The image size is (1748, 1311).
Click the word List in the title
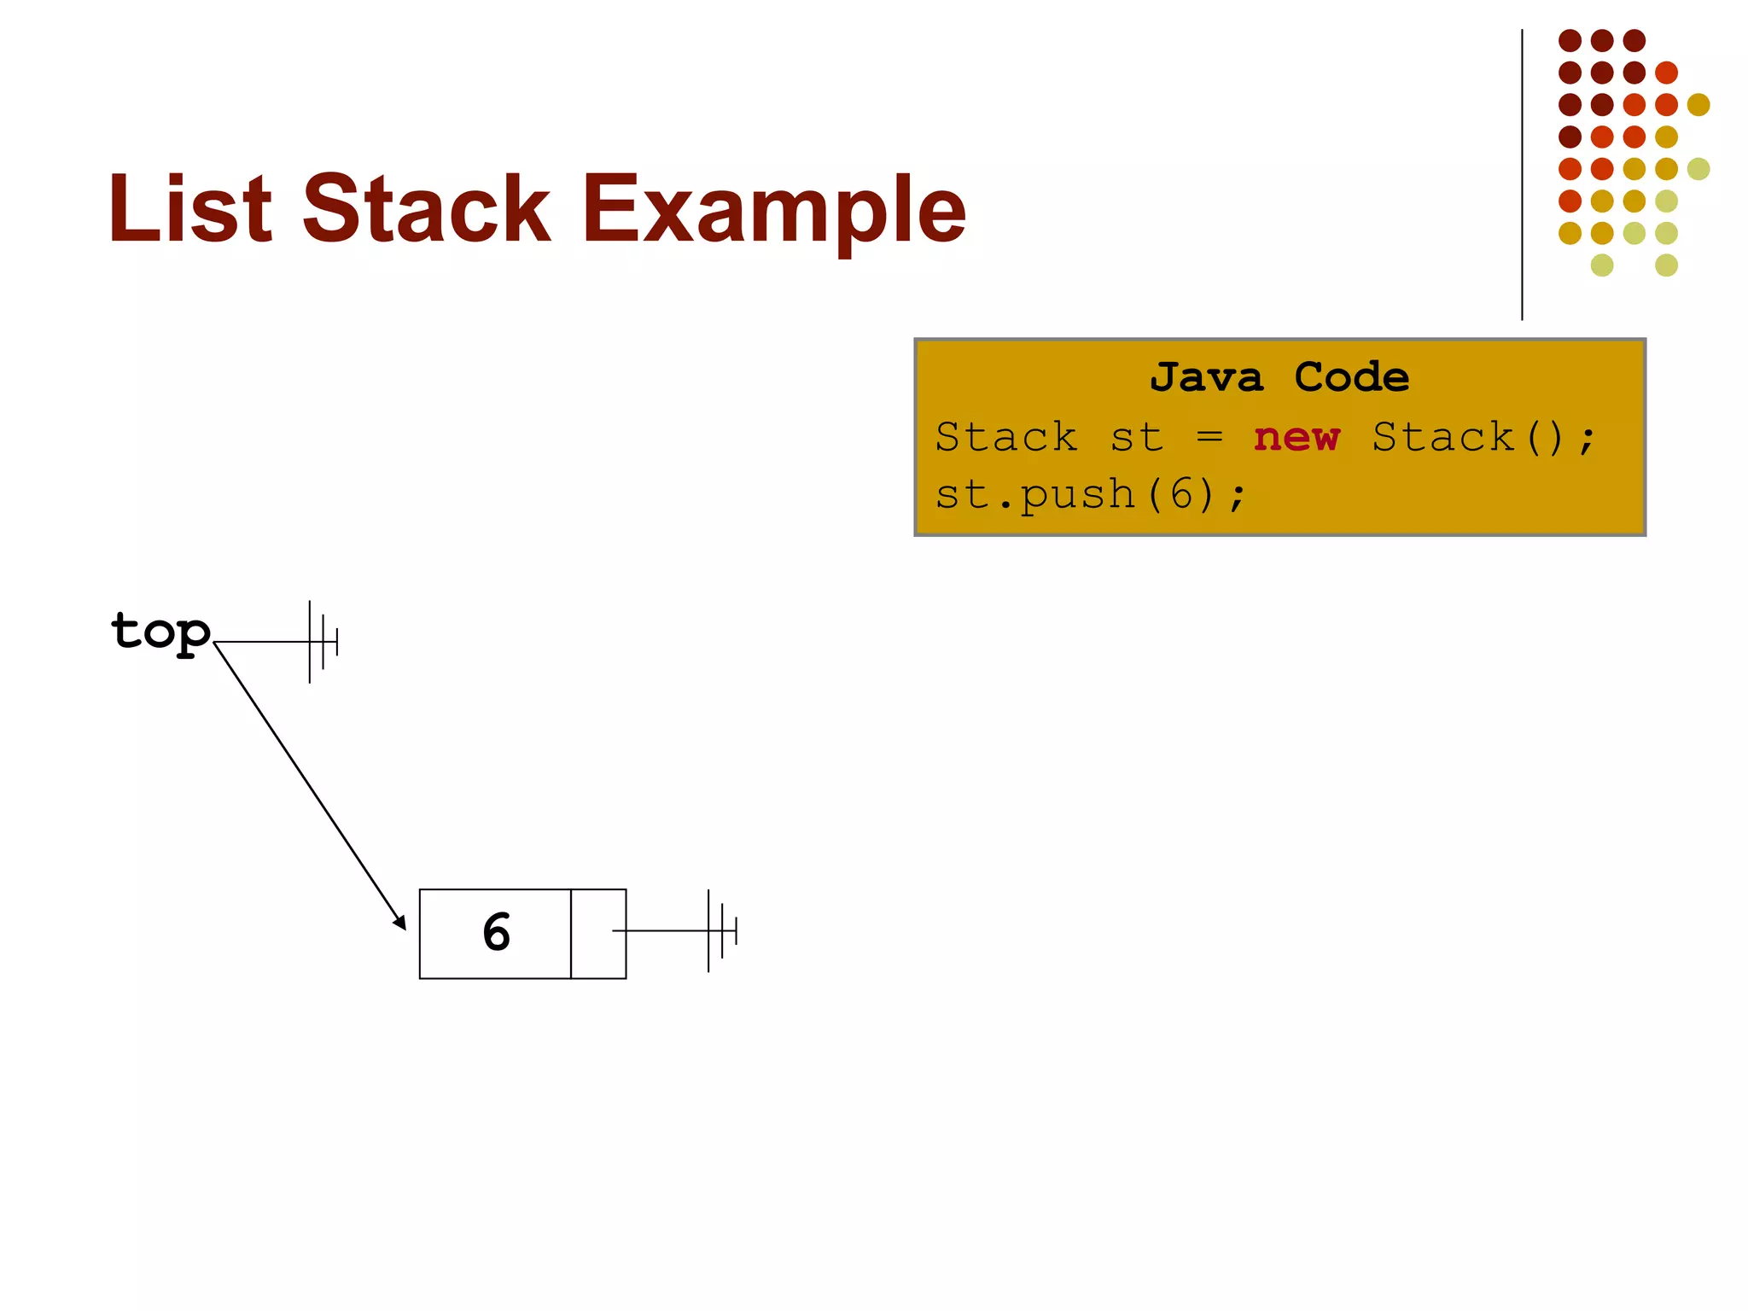point(189,208)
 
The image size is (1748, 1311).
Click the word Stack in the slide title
point(427,208)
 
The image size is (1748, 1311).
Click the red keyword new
point(1296,437)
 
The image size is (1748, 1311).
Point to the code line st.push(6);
point(1091,495)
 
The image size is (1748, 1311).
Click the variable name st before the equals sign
point(1136,438)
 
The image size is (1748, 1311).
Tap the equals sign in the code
point(1209,437)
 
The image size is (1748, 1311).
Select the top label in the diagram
point(160,632)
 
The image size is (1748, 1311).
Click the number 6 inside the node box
point(496,932)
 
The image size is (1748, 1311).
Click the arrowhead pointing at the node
point(399,923)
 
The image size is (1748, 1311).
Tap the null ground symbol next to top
point(323,642)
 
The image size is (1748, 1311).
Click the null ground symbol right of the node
point(721,931)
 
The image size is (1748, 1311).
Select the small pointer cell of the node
point(597,934)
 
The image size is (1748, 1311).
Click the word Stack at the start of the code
point(1005,438)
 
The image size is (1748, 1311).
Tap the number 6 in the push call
point(1180,495)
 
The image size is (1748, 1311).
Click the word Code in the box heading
point(1351,377)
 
